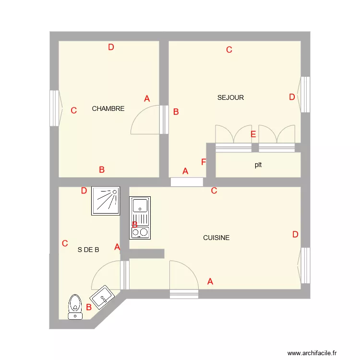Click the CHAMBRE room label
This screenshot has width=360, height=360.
(108, 108)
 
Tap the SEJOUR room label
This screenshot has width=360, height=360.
(230, 97)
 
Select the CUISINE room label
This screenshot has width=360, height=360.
(216, 238)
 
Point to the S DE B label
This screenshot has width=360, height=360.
(88, 250)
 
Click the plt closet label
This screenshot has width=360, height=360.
(258, 165)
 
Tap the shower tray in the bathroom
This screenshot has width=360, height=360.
(105, 201)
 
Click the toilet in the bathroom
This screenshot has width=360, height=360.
(74, 306)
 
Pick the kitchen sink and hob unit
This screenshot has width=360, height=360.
(140, 218)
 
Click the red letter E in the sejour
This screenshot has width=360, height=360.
(253, 134)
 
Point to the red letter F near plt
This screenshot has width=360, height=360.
(204, 162)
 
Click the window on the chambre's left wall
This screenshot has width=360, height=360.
(55, 108)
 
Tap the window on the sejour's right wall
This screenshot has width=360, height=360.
(304, 95)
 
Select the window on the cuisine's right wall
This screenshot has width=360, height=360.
(304, 265)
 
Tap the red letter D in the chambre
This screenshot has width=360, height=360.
(111, 47)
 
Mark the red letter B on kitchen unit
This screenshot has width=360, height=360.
(135, 225)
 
